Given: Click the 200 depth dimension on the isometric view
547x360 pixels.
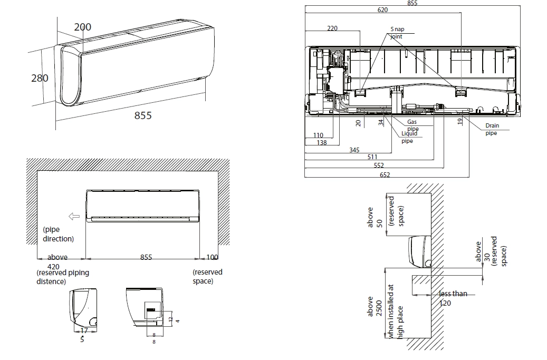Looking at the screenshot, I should pos(82,27).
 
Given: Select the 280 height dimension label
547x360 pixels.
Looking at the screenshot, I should pos(40,78).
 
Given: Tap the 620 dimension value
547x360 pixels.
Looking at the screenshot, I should pos(382,10).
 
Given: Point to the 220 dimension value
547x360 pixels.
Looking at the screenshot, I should pos(332,28).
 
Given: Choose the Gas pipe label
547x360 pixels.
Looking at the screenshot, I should pos(412,125).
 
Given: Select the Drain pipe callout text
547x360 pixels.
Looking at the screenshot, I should pos(492,130).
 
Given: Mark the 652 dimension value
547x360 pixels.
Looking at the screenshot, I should pos(385,175).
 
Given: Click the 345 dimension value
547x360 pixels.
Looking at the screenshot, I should pos(354,150).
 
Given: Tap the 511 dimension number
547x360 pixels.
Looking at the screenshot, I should pos(372,157).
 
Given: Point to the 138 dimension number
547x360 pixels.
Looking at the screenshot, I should pos(321,143).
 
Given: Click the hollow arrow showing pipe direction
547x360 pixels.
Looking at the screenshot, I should pos(74,216).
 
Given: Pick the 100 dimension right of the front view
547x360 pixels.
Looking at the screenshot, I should pos(212,257).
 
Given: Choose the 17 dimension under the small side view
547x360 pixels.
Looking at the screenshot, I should pos(83,331).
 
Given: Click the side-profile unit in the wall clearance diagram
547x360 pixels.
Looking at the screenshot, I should pos(420,250).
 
